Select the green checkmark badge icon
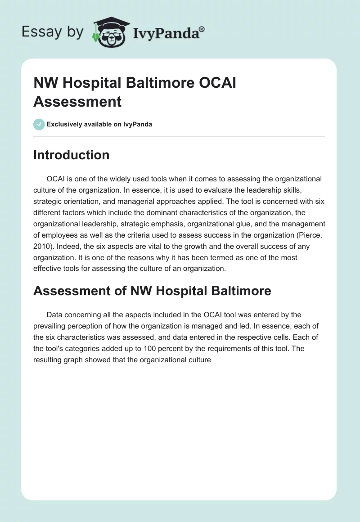39,124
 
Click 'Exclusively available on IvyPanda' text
99,125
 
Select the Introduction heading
71,155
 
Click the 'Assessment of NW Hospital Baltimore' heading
152,291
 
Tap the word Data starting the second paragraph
55,315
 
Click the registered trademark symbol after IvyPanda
202,29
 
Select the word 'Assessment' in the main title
77,101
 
